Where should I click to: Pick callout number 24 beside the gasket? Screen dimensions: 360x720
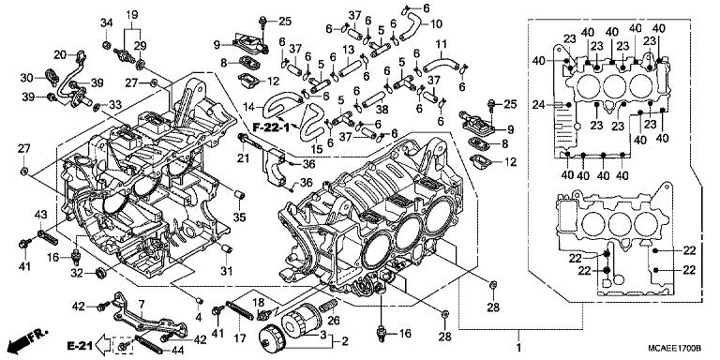(x=539, y=103)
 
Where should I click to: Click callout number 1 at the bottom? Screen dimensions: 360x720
(x=518, y=335)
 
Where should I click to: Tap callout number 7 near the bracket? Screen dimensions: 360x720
(x=142, y=304)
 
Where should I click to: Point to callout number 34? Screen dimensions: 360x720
(x=106, y=22)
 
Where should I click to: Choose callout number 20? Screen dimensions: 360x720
(x=58, y=53)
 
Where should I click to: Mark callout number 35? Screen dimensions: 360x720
(x=240, y=217)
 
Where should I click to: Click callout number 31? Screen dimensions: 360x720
(x=226, y=271)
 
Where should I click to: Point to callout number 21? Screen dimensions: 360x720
(x=242, y=158)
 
